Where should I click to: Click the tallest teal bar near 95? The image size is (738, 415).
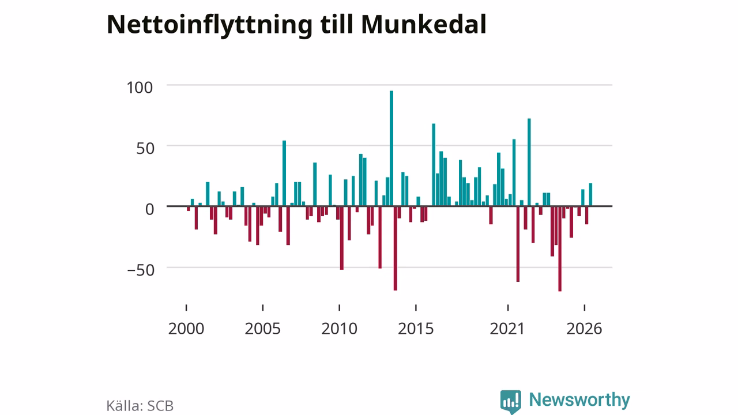[391, 148]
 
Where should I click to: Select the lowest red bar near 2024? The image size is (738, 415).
[560, 248]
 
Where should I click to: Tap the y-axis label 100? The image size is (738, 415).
[140, 88]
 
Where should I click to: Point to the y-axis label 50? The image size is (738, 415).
[145, 149]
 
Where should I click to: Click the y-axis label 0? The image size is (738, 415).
[149, 209]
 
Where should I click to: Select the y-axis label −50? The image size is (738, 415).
[141, 270]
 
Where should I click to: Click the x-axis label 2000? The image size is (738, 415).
[186, 329]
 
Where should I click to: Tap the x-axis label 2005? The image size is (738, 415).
[262, 329]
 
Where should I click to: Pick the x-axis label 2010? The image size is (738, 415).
[340, 329]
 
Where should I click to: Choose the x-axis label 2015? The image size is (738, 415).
[416, 329]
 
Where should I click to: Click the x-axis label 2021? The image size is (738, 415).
[507, 329]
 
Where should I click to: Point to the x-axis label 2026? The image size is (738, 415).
[584, 329]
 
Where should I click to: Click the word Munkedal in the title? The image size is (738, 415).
[424, 24]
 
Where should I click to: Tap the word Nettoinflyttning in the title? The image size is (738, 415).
[209, 26]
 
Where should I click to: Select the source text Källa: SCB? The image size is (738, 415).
[140, 405]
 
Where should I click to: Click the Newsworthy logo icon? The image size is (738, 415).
[511, 402]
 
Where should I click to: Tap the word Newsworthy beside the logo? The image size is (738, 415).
[579, 400]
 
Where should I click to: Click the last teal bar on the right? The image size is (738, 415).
[591, 195]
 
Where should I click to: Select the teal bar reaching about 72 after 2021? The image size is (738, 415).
[529, 162]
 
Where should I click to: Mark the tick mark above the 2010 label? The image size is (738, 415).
[340, 308]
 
